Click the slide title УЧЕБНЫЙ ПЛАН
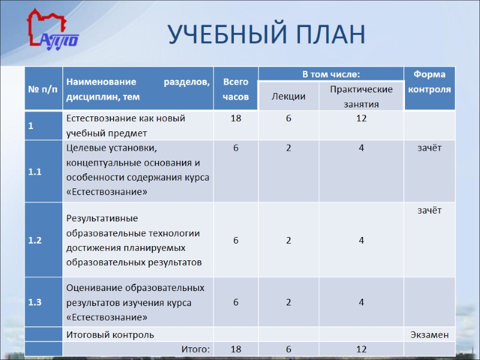pos(266,34)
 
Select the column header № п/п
pos(43,89)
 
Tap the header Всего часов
pos(235,89)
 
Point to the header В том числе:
pos(331,74)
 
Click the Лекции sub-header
pos(288,97)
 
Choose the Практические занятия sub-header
pos(361,97)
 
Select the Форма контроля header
pos(429,82)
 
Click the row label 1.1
pos(35,172)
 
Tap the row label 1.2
pos(35,240)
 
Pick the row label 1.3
pos(35,302)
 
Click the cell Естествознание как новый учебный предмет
pos(125,125)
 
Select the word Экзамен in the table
pos(429,334)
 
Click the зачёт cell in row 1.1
pos(429,148)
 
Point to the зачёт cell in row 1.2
pos(429,210)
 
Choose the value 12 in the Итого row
pos(361,349)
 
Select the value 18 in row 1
pos(236,118)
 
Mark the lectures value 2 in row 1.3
pos(289,302)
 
